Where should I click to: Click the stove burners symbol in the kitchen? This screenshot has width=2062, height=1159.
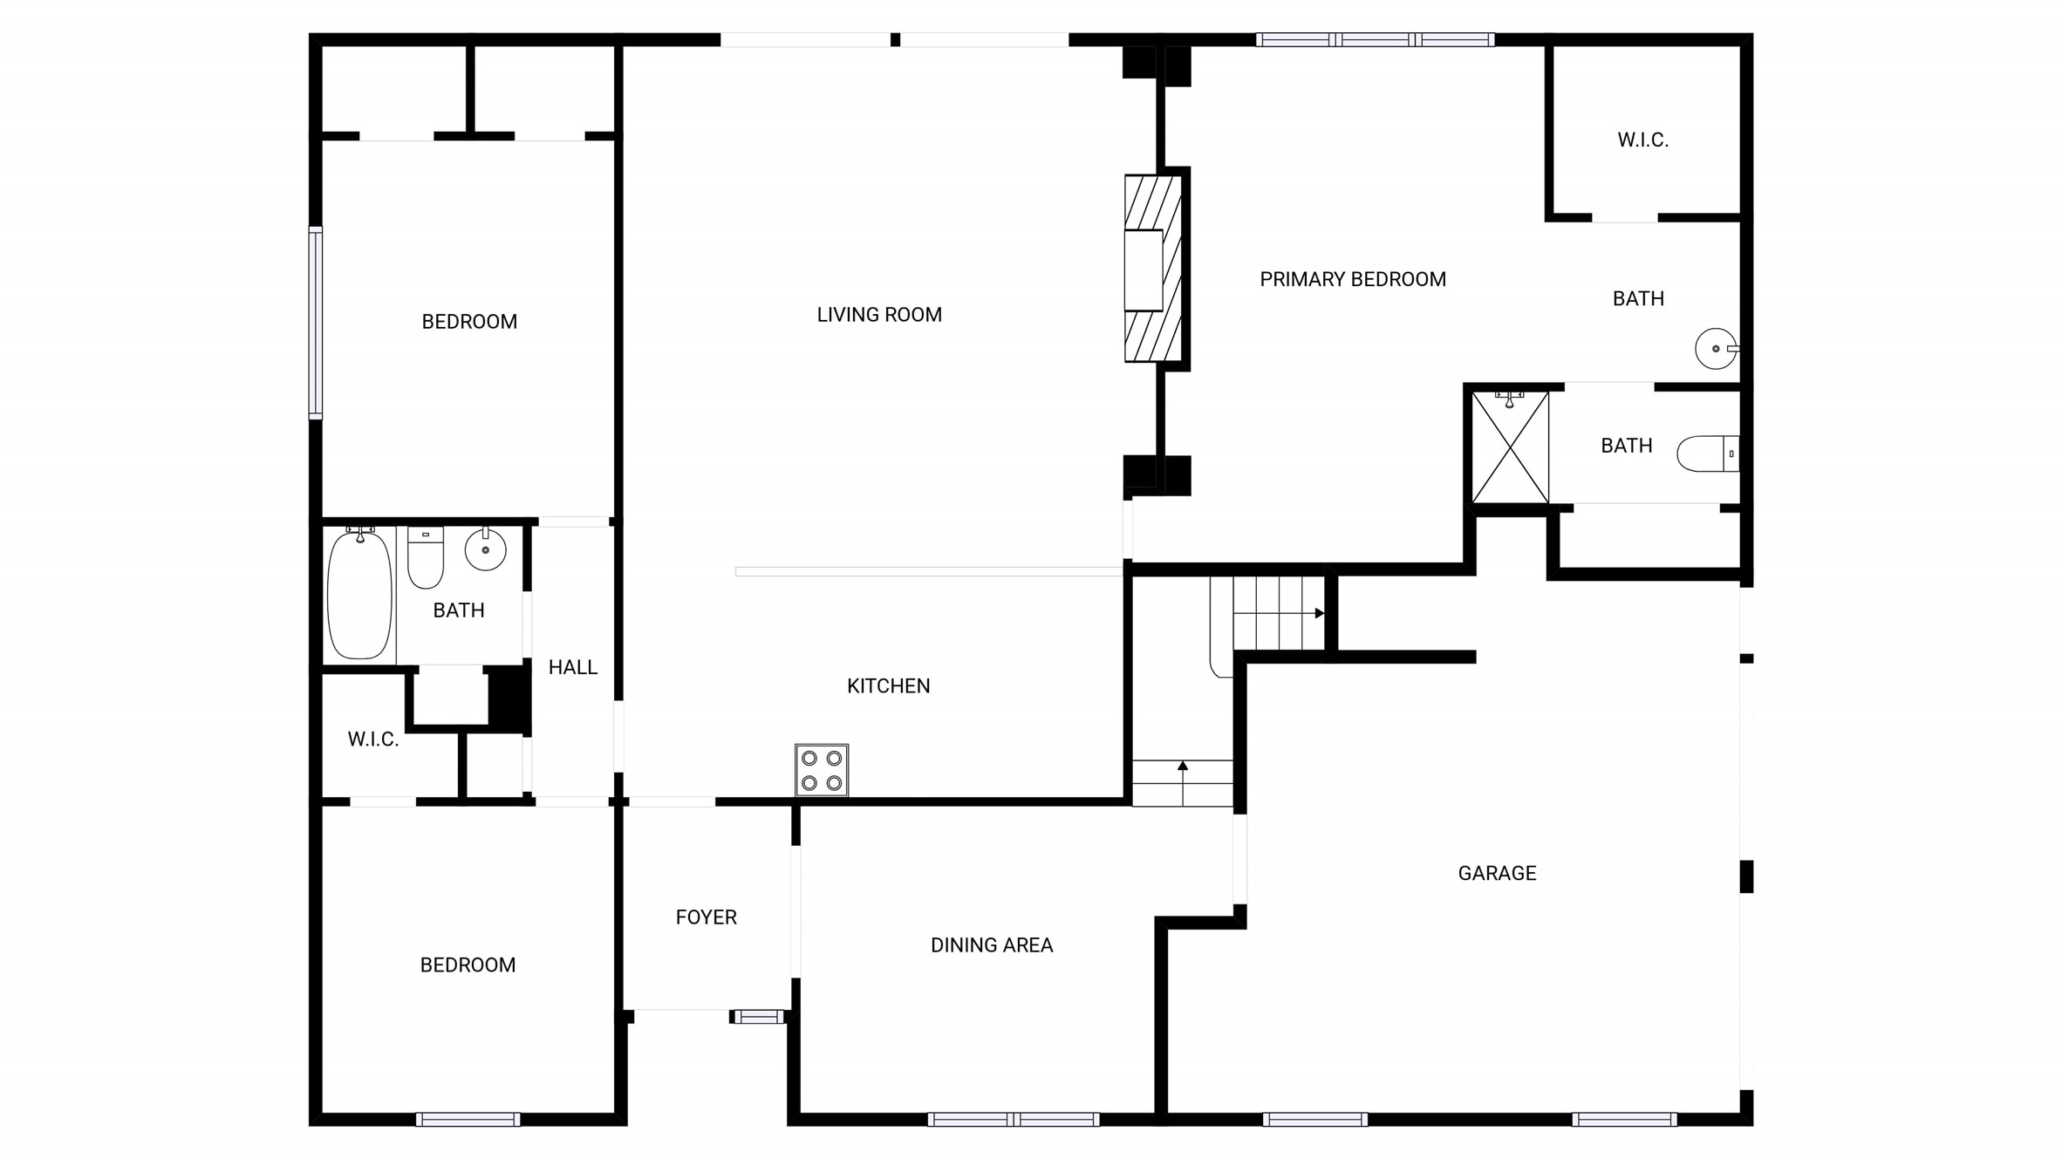(821, 770)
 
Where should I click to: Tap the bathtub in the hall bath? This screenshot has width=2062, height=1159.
(359, 596)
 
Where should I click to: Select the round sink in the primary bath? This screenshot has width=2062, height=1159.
(1715, 349)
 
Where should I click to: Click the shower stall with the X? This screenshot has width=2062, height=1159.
(1510, 447)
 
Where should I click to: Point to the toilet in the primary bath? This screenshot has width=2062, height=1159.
(1707, 453)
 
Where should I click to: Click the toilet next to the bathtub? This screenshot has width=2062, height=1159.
(426, 558)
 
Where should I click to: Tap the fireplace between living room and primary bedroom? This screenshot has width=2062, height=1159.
(1152, 269)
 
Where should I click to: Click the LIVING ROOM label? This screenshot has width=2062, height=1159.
(879, 315)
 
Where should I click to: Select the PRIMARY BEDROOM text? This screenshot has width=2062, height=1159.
(1352, 279)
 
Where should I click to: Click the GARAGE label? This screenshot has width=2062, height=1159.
(1497, 873)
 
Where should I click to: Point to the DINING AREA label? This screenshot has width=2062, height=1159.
(992, 945)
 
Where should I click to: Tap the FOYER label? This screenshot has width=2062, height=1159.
(706, 917)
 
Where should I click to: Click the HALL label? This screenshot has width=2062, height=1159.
(572, 667)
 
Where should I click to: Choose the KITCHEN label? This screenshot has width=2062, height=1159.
(888, 686)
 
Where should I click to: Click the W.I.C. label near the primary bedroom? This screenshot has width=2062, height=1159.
(1642, 140)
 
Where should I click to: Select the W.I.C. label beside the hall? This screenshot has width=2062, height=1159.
(373, 740)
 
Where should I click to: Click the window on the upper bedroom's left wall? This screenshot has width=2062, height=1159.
(316, 323)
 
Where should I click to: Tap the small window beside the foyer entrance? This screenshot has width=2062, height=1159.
(757, 1016)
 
